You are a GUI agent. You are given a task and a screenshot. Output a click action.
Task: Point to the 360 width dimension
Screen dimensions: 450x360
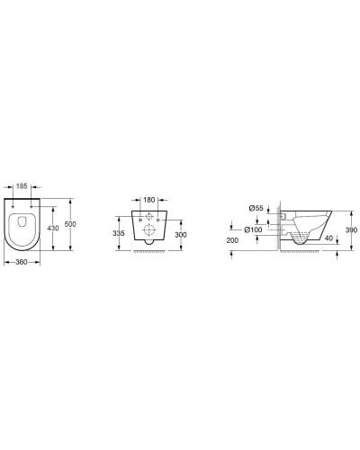[25, 263]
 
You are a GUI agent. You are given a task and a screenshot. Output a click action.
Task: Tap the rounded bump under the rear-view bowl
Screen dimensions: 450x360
[149, 244]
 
